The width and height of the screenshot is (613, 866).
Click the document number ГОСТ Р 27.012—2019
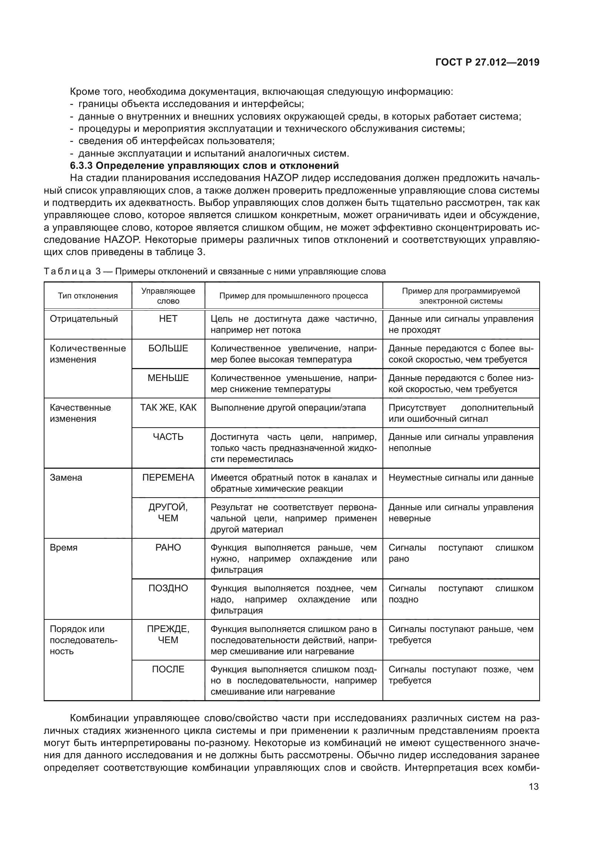tap(487, 62)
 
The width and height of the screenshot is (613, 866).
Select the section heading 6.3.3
tap(204, 165)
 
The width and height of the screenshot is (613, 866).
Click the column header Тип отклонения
tap(87, 296)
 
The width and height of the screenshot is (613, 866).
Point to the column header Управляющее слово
tap(168, 296)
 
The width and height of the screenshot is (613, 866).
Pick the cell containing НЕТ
tap(168, 319)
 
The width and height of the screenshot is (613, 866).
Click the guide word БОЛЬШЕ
tap(168, 348)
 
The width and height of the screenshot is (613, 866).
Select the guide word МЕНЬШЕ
tap(168, 378)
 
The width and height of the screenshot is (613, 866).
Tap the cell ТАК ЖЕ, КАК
tap(168, 407)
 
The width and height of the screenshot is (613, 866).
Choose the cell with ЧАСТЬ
tap(168, 437)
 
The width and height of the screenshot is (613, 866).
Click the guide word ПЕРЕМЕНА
tap(168, 478)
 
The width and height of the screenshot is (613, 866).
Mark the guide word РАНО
tap(168, 548)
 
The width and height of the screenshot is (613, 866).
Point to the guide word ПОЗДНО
tap(168, 588)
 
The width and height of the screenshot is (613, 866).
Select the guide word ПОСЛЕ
tap(168, 669)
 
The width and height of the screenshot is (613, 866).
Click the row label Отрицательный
tap(84, 319)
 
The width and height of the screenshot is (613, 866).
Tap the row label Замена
tap(66, 478)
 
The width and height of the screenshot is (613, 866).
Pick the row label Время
tap(63, 548)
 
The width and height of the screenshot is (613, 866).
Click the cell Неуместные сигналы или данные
tap(461, 478)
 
